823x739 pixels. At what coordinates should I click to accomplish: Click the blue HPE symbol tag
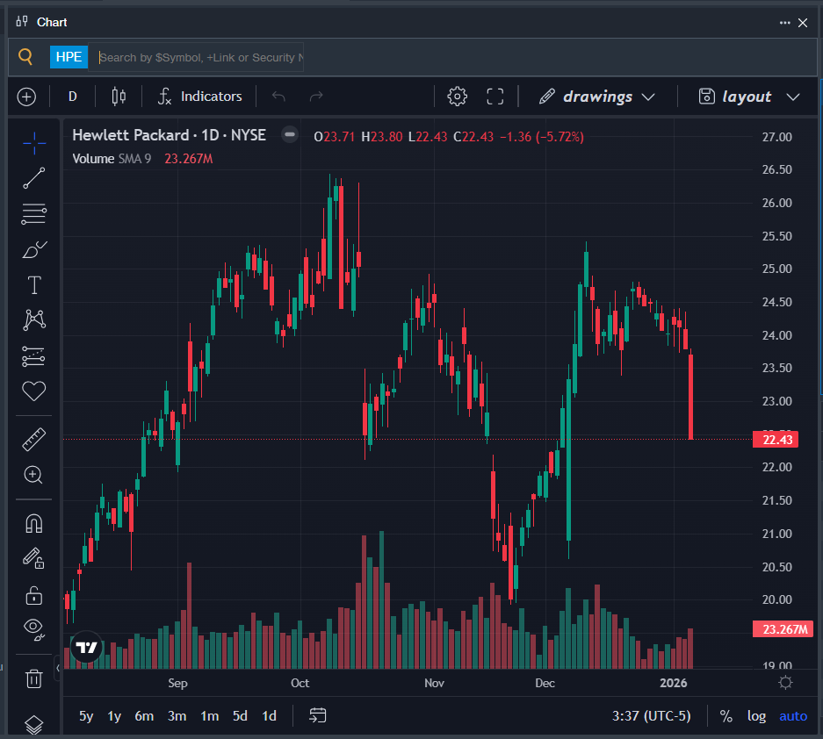pyautogui.click(x=69, y=57)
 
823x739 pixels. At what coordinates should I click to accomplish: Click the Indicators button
pyautogui.click(x=200, y=97)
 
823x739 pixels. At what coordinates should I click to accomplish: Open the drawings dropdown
pyautogui.click(x=597, y=97)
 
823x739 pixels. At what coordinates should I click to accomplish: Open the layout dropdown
pyautogui.click(x=749, y=97)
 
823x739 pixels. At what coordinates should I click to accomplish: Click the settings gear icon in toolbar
pyautogui.click(x=457, y=97)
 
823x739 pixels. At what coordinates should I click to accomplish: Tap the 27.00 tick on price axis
pyautogui.click(x=776, y=137)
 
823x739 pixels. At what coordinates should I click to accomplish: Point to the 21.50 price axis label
pyautogui.click(x=776, y=500)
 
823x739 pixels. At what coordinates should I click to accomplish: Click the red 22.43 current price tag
pyautogui.click(x=776, y=440)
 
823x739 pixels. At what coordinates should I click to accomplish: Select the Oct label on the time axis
pyautogui.click(x=300, y=683)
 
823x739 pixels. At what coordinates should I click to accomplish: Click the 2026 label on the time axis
pyautogui.click(x=674, y=683)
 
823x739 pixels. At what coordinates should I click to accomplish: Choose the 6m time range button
pyautogui.click(x=144, y=716)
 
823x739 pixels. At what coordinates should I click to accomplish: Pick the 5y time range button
pyautogui.click(x=86, y=716)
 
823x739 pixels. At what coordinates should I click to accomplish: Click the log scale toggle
pyautogui.click(x=756, y=716)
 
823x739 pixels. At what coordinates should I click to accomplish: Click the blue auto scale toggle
pyautogui.click(x=792, y=716)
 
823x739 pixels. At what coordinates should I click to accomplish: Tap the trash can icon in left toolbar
pyautogui.click(x=34, y=678)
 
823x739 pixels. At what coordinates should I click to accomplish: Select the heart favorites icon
pyautogui.click(x=34, y=391)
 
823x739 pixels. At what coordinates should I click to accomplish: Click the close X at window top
pyautogui.click(x=802, y=23)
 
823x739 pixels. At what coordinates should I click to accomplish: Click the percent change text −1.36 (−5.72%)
pyautogui.click(x=541, y=137)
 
